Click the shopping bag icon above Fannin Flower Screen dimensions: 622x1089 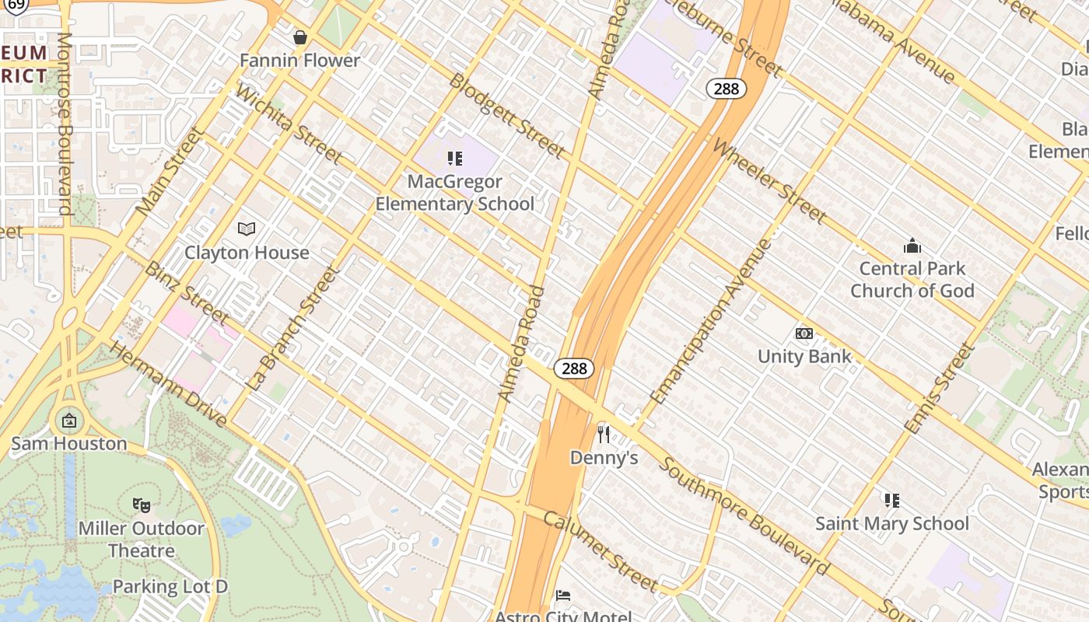coord(300,37)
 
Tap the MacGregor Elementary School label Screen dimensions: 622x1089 coord(455,193)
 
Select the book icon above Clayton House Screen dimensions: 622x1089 coord(247,229)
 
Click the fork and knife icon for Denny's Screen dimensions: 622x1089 coord(604,434)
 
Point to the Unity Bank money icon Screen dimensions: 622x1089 coord(804,334)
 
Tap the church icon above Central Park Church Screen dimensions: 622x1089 coord(912,246)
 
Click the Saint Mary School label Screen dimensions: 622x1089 coord(892,523)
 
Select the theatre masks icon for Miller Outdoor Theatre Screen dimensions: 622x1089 coord(141,505)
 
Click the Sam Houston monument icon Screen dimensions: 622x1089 coord(69,421)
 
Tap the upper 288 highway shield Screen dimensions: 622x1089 coord(727,89)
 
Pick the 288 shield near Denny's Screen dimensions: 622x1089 coord(574,369)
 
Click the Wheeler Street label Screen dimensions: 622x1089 coord(769,180)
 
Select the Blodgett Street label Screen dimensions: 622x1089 coord(506,115)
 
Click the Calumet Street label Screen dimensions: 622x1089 coord(601,551)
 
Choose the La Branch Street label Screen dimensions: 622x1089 coord(293,328)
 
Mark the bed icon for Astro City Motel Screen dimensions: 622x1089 coord(563,596)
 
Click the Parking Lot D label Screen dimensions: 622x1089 coord(170,586)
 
